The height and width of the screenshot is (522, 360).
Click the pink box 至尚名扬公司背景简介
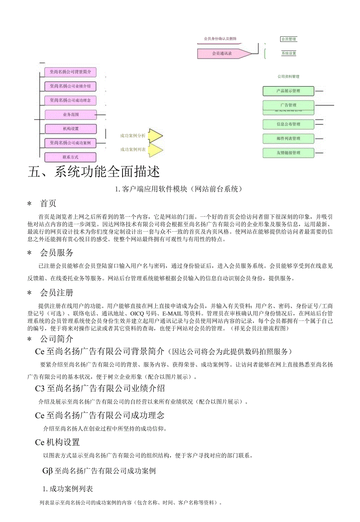click(70, 72)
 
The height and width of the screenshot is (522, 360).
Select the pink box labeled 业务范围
click(70, 115)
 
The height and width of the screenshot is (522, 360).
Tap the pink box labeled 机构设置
click(70, 129)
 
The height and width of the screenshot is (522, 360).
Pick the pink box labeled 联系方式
click(70, 157)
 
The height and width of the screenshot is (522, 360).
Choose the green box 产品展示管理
click(288, 91)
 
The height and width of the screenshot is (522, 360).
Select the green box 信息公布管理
click(288, 124)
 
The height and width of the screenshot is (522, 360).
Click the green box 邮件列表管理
click(288, 139)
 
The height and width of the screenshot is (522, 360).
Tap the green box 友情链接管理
click(288, 153)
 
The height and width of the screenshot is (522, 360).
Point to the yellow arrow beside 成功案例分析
click(155, 136)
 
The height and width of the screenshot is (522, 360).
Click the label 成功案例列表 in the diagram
click(133, 149)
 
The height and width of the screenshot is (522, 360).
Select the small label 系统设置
click(289, 53)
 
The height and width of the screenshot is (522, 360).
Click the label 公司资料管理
click(288, 77)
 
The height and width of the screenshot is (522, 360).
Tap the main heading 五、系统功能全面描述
click(94, 172)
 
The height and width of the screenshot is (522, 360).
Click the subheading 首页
click(48, 203)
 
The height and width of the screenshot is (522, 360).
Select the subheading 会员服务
click(57, 253)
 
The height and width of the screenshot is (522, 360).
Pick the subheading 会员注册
click(57, 293)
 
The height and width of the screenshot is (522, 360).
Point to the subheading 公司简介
click(57, 339)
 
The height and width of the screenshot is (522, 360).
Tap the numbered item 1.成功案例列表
click(68, 489)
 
